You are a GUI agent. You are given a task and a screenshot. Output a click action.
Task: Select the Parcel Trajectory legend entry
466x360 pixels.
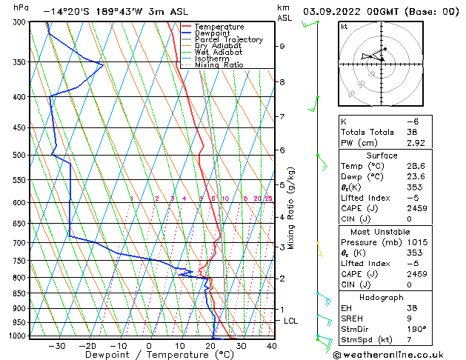pyautogui.click(x=228, y=40)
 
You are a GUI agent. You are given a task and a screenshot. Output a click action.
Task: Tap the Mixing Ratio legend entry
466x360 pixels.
pyautogui.click(x=219, y=65)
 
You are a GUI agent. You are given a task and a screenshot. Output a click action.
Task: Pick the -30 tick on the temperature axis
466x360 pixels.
pyautogui.click(x=56, y=345)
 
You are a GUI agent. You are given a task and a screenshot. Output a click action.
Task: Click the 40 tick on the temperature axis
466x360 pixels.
pyautogui.click(x=272, y=345)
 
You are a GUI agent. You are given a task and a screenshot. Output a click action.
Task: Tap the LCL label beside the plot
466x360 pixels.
pyautogui.click(x=291, y=321)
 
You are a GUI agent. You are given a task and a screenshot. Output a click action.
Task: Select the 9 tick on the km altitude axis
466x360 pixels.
pyautogui.click(x=282, y=46)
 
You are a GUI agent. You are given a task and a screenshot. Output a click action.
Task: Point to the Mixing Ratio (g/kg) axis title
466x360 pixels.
pyautogui.click(x=291, y=208)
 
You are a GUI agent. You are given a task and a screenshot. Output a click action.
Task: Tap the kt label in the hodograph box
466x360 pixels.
pyautogui.click(x=344, y=27)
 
